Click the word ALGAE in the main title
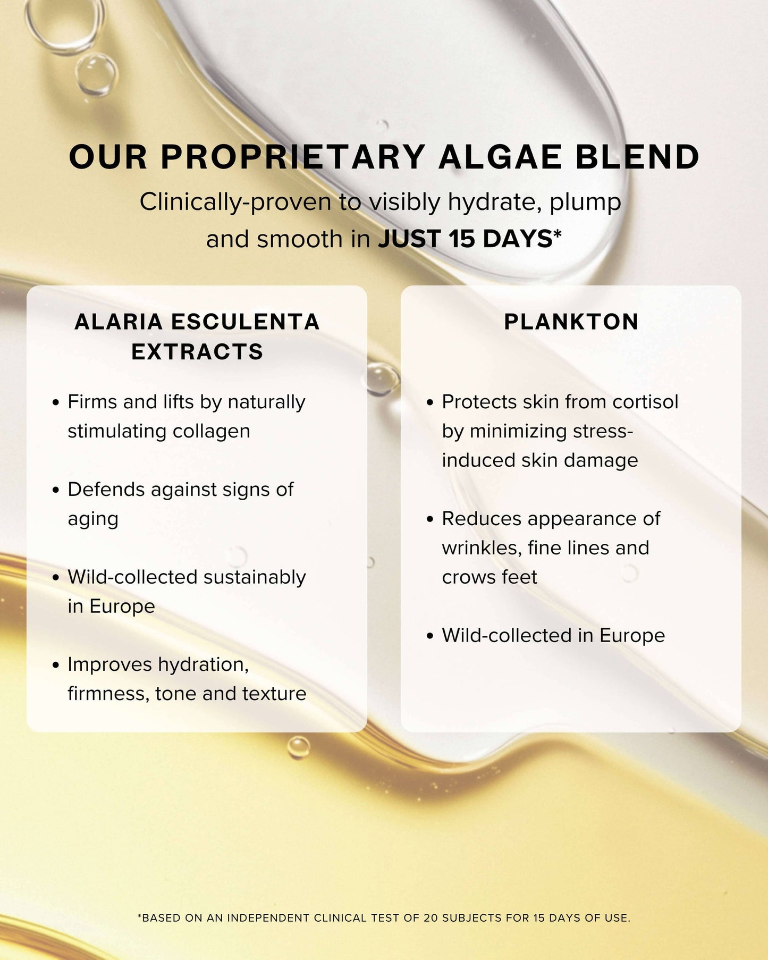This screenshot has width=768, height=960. tap(500, 157)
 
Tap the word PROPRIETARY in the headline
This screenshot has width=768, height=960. tap(293, 157)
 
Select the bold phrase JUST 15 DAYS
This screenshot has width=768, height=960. tap(465, 239)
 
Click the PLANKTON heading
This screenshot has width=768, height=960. tap(571, 322)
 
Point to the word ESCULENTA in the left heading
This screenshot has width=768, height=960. tap(245, 322)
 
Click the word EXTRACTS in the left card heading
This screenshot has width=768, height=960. tap(197, 352)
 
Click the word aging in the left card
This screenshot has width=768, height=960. tap(93, 519)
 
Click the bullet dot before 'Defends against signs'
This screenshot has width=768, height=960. tap(55, 490)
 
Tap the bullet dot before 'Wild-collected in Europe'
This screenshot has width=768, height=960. tap(430, 636)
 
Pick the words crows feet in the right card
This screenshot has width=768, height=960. tap(489, 577)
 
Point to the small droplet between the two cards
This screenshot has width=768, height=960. tap(383, 378)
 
